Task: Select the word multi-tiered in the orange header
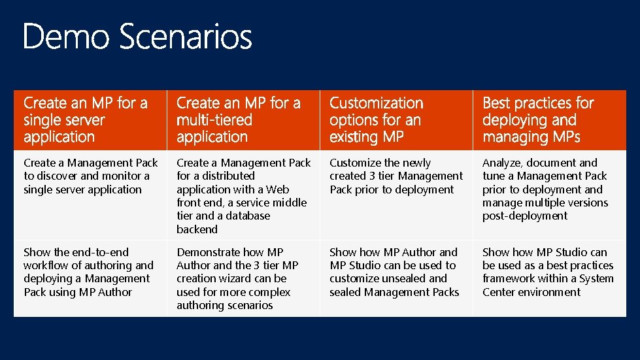214,120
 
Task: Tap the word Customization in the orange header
376,103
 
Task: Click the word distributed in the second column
224,176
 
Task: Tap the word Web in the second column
277,189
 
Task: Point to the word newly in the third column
416,163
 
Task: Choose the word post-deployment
525,216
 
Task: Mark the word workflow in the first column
45,265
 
